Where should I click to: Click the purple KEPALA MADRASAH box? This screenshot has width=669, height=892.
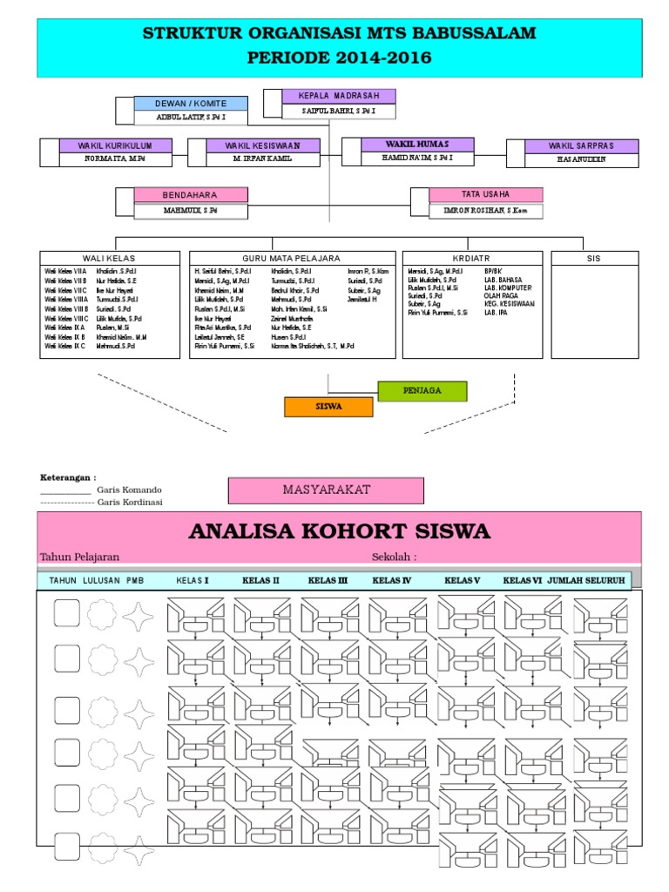click(339, 96)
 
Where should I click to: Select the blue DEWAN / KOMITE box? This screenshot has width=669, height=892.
click(190, 103)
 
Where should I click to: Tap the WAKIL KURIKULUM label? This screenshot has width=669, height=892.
click(115, 145)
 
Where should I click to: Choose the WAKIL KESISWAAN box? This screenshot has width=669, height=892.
click(262, 145)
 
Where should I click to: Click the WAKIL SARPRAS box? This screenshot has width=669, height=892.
click(581, 146)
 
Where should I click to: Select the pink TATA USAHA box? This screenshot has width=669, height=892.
click(486, 194)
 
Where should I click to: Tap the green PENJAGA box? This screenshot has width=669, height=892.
click(422, 390)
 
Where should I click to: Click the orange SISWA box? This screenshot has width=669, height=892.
click(329, 407)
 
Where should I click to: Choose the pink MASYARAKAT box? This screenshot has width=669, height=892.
click(326, 490)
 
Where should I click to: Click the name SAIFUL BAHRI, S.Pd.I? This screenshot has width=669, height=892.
click(339, 111)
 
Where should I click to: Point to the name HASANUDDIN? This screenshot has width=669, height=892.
click(581, 160)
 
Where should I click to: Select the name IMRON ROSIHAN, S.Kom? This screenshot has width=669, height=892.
click(486, 210)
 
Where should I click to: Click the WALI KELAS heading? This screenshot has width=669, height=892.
click(109, 258)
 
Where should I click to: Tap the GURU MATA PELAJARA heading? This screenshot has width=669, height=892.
click(291, 258)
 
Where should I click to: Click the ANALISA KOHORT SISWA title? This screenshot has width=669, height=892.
click(340, 531)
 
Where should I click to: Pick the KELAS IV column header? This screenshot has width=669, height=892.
click(391, 580)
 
